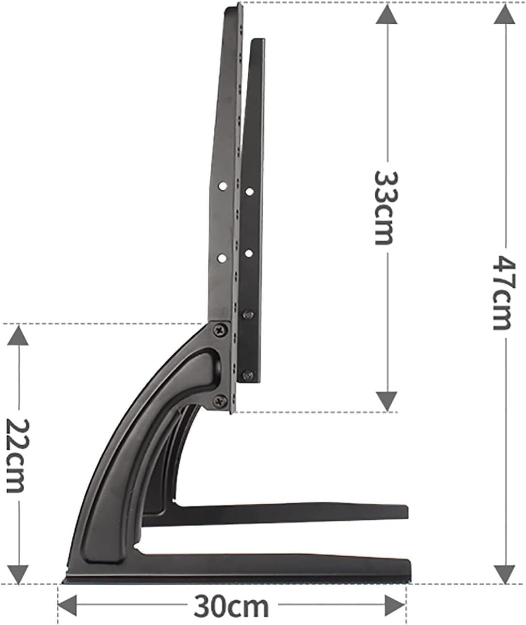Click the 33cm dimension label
383,208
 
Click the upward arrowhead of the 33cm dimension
386,17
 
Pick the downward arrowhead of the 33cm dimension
386,400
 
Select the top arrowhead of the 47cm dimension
504,15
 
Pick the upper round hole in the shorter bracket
249,192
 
